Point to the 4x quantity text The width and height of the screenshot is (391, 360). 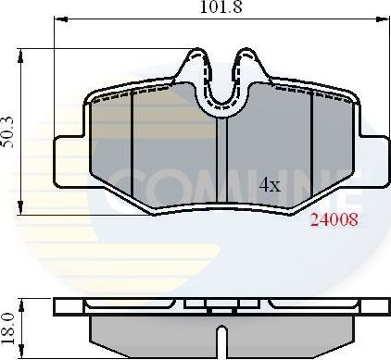(269, 185)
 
